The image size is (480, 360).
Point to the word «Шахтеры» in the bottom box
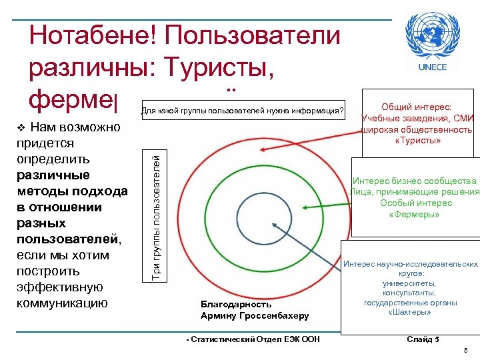pyautogui.click(x=411, y=313)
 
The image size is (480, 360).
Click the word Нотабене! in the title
pyautogui.click(x=92, y=35)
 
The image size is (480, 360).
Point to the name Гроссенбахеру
pyautogui.click(x=273, y=315)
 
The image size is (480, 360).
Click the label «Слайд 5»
pyautogui.click(x=423, y=339)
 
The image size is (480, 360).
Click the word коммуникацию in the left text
pyautogui.click(x=65, y=303)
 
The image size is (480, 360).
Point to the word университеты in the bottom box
pyautogui.click(x=411, y=283)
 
